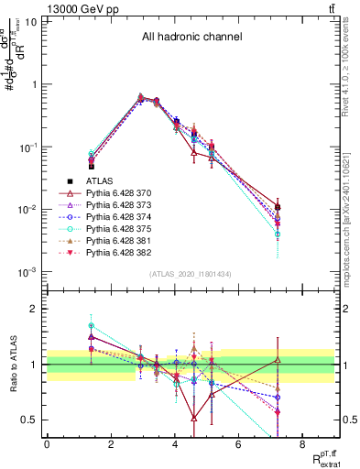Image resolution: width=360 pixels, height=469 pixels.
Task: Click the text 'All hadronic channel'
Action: [x=191, y=38]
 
